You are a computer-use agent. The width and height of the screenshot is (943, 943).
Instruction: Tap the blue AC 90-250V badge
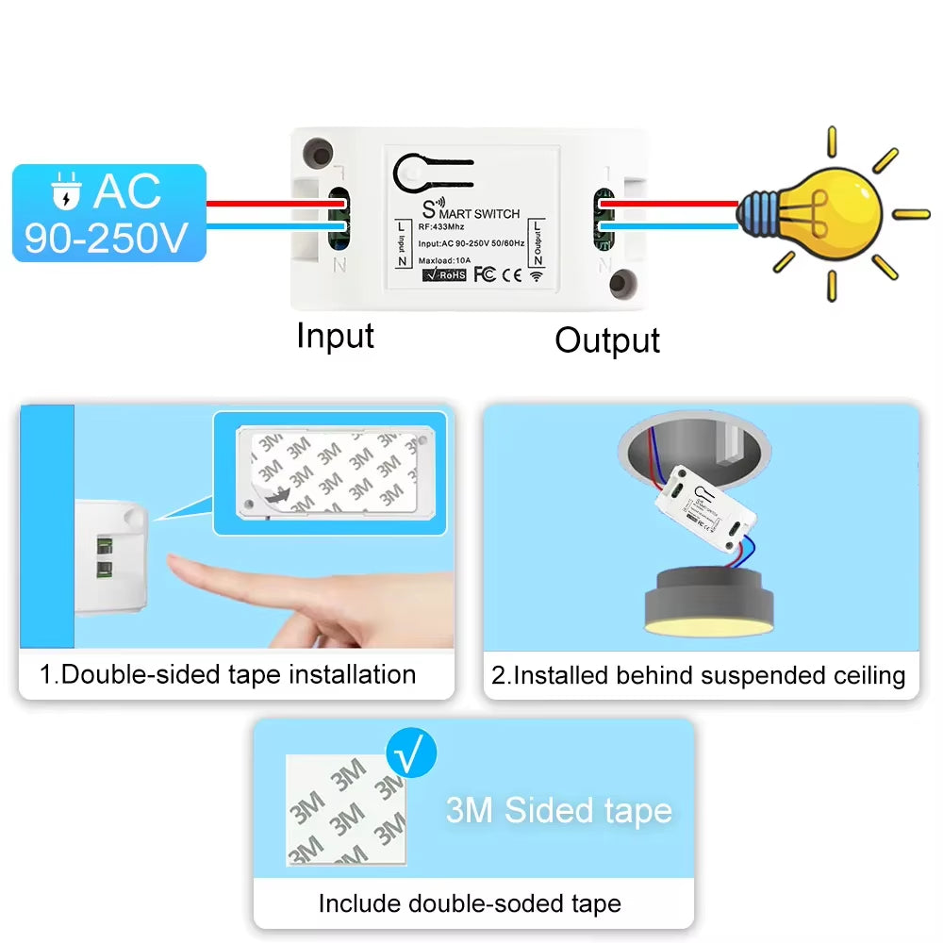point(108,213)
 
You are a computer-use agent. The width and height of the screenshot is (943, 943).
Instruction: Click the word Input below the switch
point(335,336)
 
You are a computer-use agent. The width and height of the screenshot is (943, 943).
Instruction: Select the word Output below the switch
point(607,340)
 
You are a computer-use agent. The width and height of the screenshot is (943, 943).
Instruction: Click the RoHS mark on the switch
point(444,274)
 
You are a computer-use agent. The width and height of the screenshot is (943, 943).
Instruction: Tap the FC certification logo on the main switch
point(485,274)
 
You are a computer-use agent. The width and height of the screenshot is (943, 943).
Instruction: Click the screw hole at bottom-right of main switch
point(622,283)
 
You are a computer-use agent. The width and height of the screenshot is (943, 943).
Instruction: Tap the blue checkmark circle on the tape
point(412,754)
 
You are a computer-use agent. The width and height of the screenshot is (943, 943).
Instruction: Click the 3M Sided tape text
point(558,810)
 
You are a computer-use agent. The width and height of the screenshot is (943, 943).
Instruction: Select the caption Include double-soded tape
point(470,903)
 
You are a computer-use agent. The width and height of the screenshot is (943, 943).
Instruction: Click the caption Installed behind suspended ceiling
point(699,675)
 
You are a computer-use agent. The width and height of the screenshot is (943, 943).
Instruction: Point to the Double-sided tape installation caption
point(228,674)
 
